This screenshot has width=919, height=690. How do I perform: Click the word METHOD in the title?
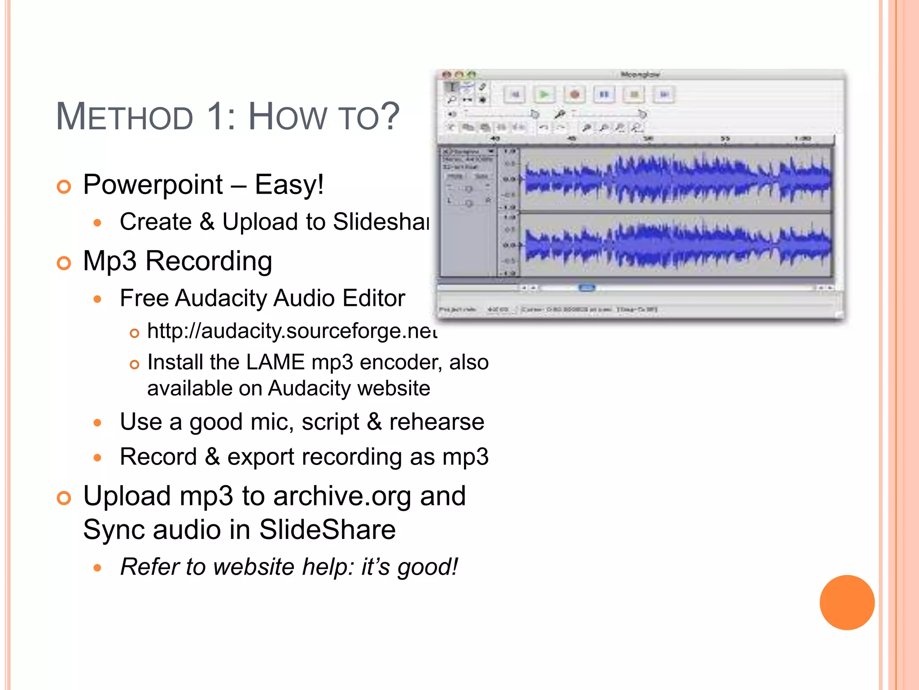point(124,117)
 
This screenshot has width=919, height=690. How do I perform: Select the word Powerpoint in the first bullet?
point(153,185)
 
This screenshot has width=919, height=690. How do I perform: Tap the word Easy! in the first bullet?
point(289,185)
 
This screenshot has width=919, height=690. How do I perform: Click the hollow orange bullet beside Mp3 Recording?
point(64,263)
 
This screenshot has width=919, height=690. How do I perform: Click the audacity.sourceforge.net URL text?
point(292,332)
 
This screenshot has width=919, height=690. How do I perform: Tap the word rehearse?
point(436,422)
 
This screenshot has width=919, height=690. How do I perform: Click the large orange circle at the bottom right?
point(847,602)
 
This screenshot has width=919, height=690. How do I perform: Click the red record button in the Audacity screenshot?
point(574,95)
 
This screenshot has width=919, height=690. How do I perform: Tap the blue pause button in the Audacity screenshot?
point(604,95)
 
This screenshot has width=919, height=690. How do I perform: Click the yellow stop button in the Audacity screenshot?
point(634,95)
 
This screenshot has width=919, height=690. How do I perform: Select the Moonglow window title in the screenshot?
point(640,75)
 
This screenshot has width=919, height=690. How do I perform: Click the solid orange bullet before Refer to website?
point(98,568)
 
